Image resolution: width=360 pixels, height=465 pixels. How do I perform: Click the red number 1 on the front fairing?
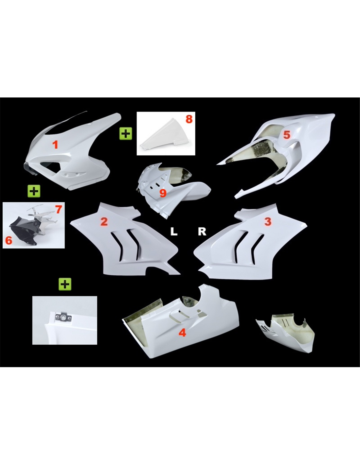[x=55, y=145]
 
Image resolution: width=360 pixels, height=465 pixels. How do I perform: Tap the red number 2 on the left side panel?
[x=104, y=222]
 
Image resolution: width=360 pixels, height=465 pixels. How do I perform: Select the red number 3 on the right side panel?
[x=268, y=222]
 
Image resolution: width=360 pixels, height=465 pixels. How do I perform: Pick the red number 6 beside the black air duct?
[x=9, y=241]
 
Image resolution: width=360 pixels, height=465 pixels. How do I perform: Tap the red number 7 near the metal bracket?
[x=59, y=210]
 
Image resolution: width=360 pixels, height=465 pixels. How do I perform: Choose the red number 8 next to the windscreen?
[x=189, y=119]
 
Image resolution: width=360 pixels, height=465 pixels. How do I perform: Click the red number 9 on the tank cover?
[x=163, y=193]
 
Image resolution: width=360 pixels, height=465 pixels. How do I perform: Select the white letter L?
[x=174, y=232]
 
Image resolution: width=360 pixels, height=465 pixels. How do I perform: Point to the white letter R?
[x=202, y=232]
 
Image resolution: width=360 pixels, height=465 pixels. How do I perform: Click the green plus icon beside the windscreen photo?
[x=126, y=134]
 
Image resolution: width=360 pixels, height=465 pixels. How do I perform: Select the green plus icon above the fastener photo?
[x=65, y=284]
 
